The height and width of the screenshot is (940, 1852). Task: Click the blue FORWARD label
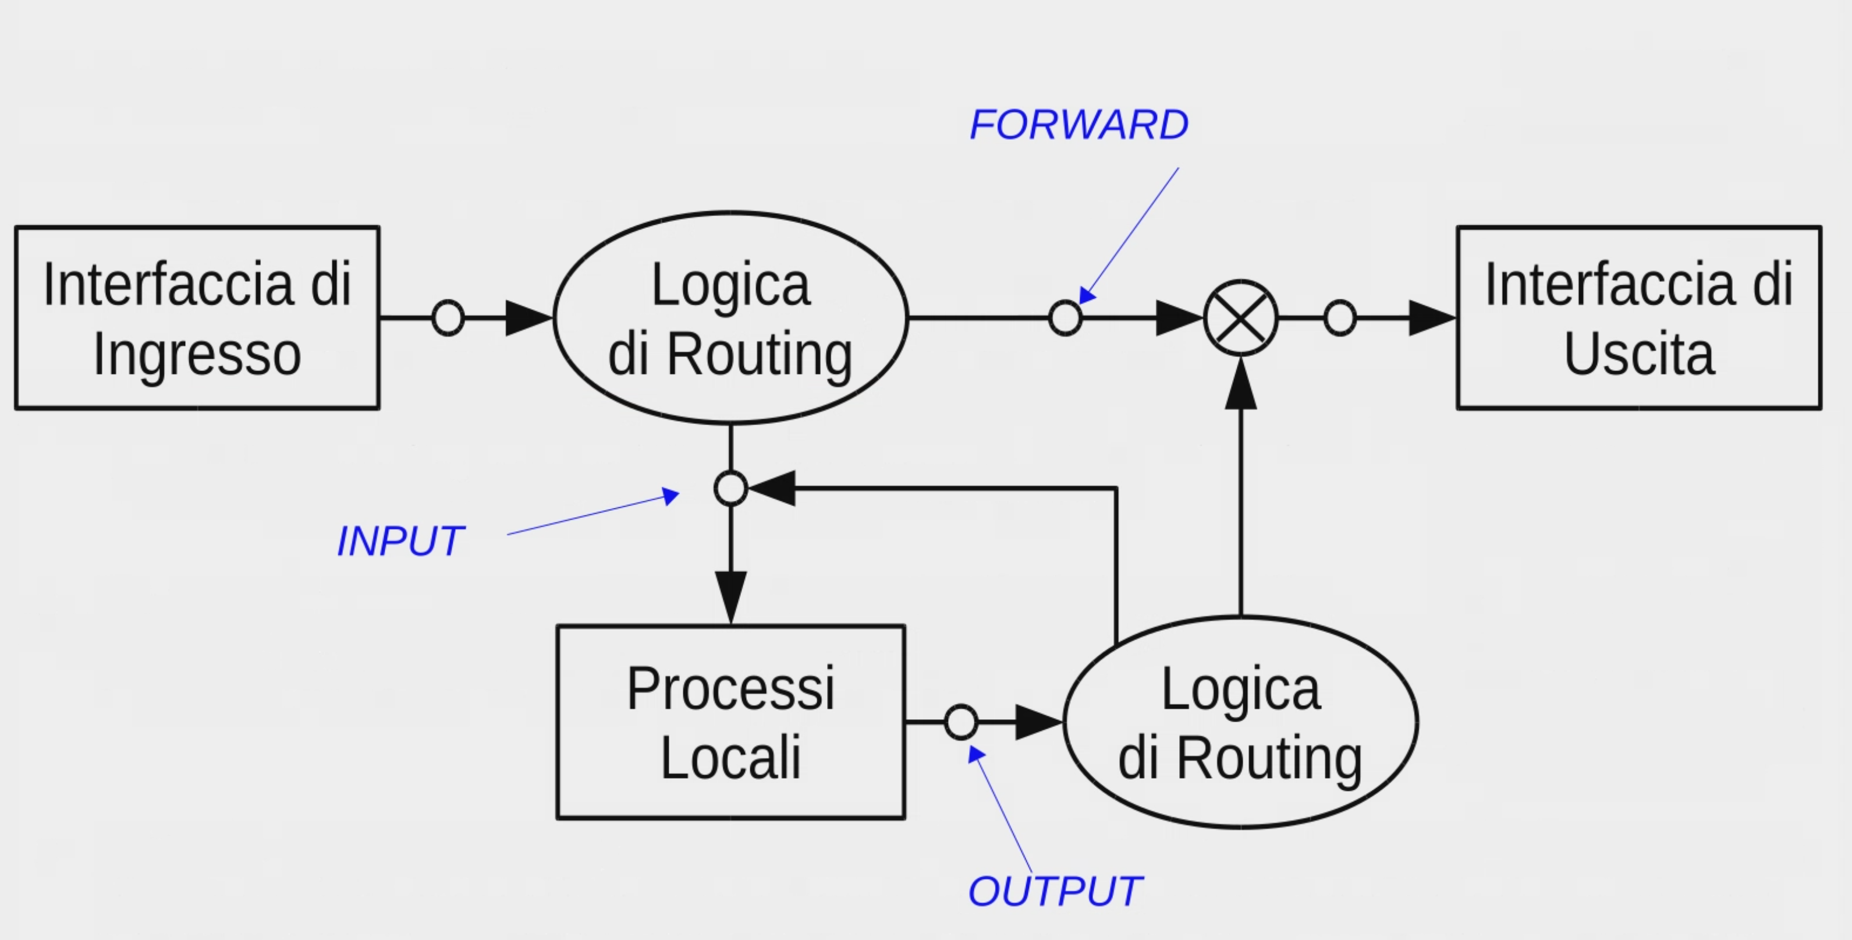[x=1078, y=125]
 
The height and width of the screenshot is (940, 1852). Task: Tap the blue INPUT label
[x=400, y=542]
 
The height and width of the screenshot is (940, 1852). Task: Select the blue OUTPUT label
[x=1055, y=892]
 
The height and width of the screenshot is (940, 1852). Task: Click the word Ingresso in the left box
[x=197, y=355]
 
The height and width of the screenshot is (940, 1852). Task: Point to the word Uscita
[x=1639, y=354]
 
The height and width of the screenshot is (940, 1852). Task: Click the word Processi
[x=730, y=689]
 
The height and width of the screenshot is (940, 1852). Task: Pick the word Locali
[x=730, y=757]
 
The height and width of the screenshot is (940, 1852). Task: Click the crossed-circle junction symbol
[x=1241, y=318]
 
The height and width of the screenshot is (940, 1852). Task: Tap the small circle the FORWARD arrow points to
[x=1065, y=318]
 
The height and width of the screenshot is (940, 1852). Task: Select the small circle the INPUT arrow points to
[x=731, y=488]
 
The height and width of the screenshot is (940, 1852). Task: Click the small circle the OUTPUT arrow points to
[x=962, y=722]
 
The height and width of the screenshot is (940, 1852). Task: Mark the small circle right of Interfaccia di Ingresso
[x=448, y=318]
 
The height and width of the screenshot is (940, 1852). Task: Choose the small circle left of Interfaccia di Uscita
[x=1339, y=318]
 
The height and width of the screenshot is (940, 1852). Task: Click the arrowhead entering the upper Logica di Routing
[x=528, y=318]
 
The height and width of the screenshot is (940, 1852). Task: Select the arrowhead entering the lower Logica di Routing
[x=1038, y=722]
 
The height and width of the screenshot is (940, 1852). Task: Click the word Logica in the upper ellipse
[x=730, y=286]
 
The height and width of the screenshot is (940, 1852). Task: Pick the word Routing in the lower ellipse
[x=1269, y=759]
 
